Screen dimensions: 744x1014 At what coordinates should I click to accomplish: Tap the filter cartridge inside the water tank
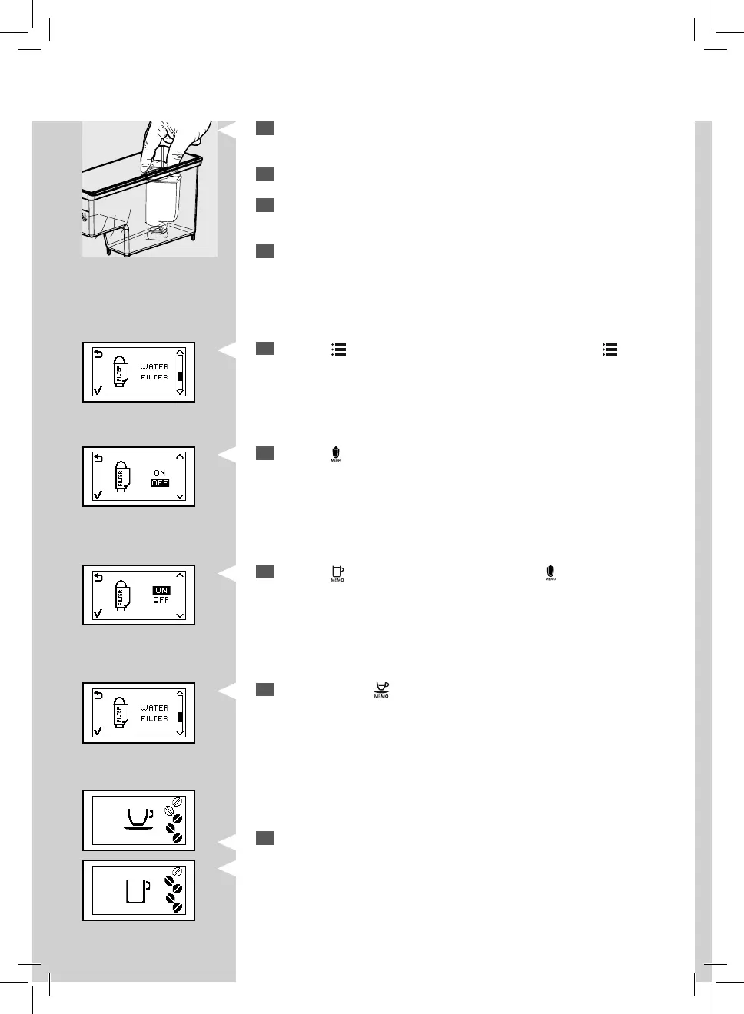coord(163,201)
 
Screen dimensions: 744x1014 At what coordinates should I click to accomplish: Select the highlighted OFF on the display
coord(160,483)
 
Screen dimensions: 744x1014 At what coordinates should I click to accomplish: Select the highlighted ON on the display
coord(161,590)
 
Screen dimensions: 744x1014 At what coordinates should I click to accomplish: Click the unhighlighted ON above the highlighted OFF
coord(159,472)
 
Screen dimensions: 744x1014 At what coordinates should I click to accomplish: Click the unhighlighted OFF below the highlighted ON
coord(161,600)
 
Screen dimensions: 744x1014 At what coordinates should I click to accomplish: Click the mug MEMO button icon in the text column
coord(337,573)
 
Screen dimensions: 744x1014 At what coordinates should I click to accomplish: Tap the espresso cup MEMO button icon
coord(381,690)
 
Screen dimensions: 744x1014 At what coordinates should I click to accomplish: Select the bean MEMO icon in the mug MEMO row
coord(550,573)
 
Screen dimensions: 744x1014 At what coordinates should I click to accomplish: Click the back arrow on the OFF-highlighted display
coord(98,459)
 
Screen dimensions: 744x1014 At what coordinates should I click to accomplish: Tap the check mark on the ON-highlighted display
coord(98,613)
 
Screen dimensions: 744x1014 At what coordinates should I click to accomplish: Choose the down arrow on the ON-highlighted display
coord(180,615)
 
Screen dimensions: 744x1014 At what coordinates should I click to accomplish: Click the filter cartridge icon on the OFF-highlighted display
coord(121,477)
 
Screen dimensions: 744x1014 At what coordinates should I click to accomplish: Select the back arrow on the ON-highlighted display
coord(98,577)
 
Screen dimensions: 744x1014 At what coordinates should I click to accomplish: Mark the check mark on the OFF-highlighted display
coord(98,495)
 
